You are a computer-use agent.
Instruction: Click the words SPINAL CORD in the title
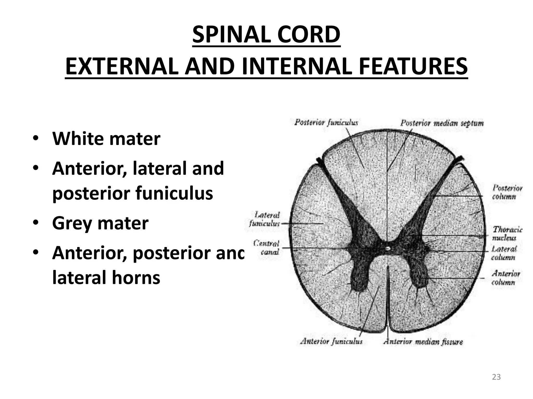pos(266,35)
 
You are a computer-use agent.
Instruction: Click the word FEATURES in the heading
pos(413,66)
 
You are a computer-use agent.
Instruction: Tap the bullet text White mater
pos(106,139)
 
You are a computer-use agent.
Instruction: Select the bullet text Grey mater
pos(100,223)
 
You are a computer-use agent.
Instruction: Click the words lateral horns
pos(106,278)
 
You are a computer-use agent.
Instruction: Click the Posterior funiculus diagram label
pos(326,122)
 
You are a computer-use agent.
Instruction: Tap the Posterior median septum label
pos(442,123)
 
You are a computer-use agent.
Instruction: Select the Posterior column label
pos(507,192)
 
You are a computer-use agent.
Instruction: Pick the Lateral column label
pos(503,253)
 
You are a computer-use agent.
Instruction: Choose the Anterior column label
pos(505,278)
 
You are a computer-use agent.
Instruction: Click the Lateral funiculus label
pos(265,219)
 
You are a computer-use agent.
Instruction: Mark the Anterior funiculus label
pos(331,341)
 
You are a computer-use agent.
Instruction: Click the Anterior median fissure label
pos(423,342)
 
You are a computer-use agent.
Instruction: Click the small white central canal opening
pos(388,249)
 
